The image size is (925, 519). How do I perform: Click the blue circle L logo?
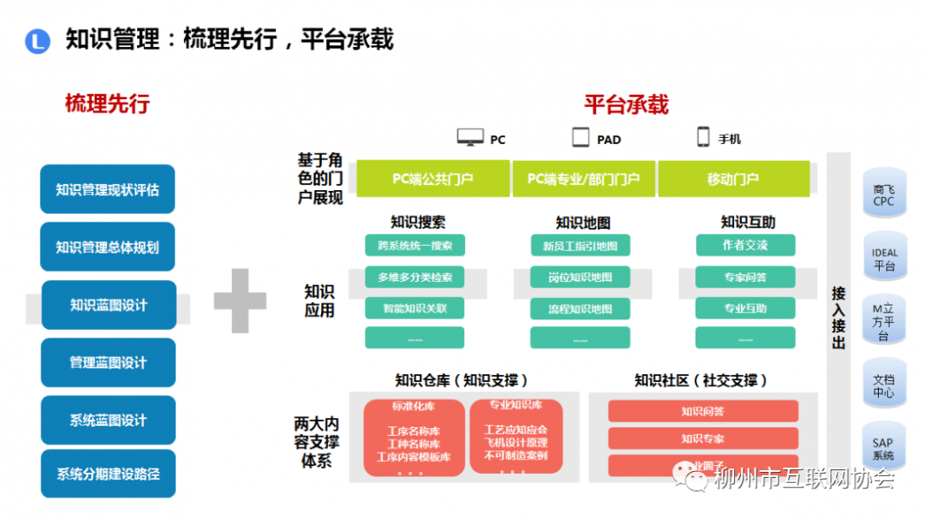38,41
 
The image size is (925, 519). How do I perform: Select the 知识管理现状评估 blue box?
107,189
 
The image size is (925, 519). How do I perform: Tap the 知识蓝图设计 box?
109,305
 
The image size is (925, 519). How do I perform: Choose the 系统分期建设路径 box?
108,474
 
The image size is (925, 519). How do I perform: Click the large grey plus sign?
240,301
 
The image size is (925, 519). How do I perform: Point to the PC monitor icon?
470,138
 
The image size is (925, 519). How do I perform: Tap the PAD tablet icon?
582,137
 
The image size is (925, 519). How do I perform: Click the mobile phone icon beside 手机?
703,137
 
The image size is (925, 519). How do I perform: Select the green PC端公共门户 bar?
433,179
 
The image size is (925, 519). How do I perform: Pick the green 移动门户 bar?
733,179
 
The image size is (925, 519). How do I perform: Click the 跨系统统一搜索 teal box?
415,246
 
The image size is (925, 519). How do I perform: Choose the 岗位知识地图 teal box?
580,277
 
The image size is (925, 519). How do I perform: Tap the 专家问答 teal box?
745,277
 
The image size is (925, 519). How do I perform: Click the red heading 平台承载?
626,104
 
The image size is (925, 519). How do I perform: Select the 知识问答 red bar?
702,411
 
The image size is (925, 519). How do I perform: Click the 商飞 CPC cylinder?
884,195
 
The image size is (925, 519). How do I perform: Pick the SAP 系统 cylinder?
884,449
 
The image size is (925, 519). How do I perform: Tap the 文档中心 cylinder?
884,385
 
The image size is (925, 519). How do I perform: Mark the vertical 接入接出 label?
838,317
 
